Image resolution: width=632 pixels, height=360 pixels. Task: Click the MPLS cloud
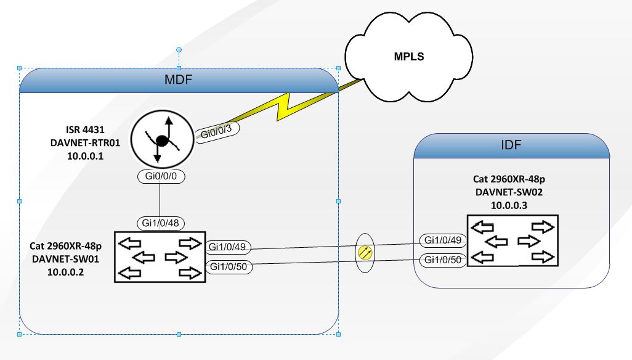(409, 57)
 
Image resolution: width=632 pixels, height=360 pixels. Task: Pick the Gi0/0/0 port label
(161, 176)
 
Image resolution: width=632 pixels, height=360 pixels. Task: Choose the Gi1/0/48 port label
(160, 223)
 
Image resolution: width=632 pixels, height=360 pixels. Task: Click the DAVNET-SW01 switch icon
(160, 257)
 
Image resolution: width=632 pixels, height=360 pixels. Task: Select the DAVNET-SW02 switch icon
(512, 240)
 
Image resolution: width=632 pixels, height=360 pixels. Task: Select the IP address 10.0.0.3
(511, 204)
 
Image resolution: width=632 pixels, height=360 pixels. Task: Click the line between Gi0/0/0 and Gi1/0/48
(160, 200)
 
